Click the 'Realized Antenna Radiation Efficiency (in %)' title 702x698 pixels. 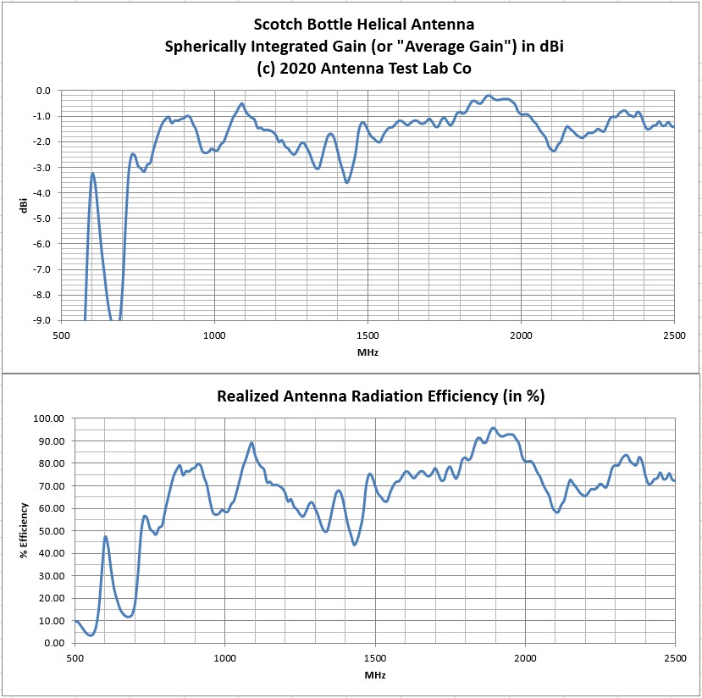380,396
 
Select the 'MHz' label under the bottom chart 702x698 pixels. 375,674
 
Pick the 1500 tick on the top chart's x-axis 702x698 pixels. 368,334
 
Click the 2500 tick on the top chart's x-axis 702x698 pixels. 674,334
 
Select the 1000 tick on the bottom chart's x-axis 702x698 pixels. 224,658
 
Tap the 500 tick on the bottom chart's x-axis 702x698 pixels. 75,658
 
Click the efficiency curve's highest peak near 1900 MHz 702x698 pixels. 494,429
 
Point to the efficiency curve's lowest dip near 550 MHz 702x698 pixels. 91,634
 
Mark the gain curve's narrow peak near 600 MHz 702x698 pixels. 92,174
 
